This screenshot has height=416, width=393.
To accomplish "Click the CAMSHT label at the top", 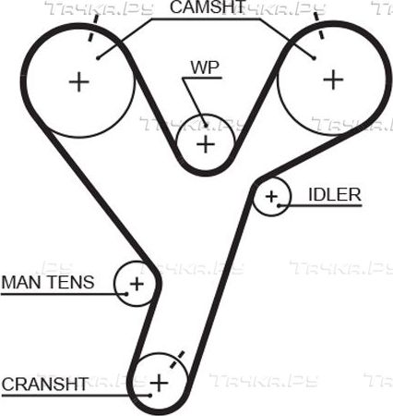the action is click(x=208, y=6).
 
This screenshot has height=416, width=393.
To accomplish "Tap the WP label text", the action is click(x=205, y=67).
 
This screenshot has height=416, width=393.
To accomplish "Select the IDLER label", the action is click(x=335, y=195).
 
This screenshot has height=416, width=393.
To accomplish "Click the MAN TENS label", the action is click(x=48, y=282).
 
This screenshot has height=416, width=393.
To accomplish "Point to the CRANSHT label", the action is click(x=45, y=384).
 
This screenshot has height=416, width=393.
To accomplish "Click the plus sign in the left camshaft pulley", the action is click(x=79, y=82).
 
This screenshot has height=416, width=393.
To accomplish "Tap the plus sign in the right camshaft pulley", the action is click(x=333, y=80).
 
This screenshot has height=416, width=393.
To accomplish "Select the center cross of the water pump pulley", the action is click(x=206, y=144).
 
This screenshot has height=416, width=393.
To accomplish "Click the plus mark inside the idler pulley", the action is click(x=271, y=196).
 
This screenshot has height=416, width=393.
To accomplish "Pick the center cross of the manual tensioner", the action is click(x=137, y=284).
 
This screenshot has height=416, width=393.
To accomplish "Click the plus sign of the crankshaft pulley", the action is click(x=159, y=383).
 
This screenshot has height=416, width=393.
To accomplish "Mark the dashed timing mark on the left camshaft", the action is click(x=93, y=28).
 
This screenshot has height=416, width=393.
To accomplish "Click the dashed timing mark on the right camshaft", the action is click(x=318, y=25).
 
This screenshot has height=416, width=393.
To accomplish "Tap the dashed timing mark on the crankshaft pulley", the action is click(x=177, y=359).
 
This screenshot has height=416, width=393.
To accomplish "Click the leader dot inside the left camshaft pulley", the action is click(x=98, y=57).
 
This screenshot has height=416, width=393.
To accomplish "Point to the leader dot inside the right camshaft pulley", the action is click(x=314, y=57).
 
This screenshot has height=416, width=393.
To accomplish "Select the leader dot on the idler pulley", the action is click(x=279, y=205).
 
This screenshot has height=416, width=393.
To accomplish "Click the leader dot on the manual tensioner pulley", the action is click(x=126, y=294).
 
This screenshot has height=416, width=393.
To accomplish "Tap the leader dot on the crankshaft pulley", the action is click(x=150, y=396).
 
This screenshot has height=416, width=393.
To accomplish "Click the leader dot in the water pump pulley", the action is click(x=206, y=125).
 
